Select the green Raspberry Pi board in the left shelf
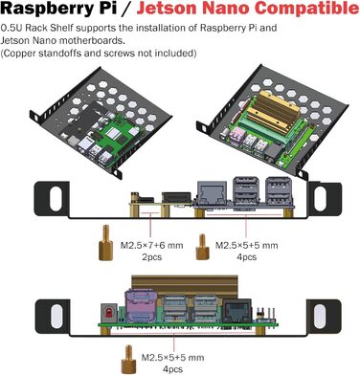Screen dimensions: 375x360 (119, 114)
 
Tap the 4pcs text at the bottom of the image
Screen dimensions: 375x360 (172, 368)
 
